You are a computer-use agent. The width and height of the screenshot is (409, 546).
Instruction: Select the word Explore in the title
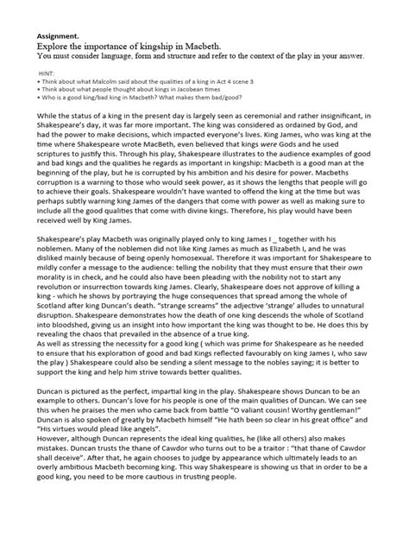coord(55,41)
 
